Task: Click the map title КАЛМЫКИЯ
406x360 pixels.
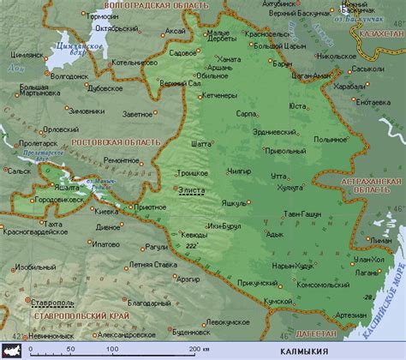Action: [304, 351]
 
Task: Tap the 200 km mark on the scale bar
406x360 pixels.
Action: [194, 349]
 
